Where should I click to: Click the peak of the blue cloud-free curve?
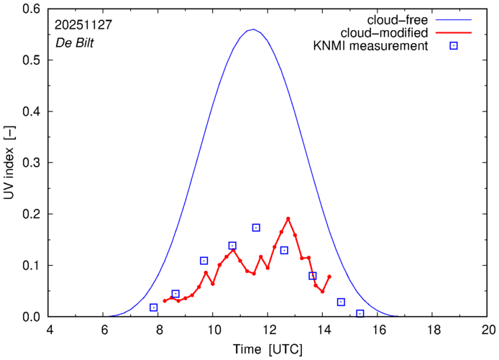tap(252, 29)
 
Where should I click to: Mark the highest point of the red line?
tap(288, 218)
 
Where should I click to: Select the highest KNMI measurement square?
tap(256, 228)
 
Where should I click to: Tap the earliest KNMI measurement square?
tap(153, 308)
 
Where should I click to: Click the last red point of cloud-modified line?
tap(329, 277)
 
